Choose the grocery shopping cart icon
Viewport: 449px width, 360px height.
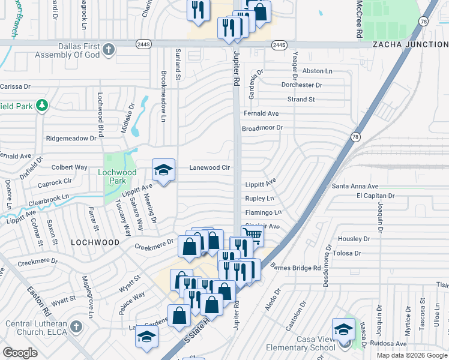[x=252, y=235]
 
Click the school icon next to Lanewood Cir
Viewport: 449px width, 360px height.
[x=163, y=170]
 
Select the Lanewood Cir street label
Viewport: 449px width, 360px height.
[x=210, y=168]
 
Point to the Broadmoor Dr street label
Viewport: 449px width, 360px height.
[x=262, y=128]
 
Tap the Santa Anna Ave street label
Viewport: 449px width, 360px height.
[x=355, y=187]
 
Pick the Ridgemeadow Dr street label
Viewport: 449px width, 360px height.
[x=71, y=138]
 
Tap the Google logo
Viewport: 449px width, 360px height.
[x=20, y=352]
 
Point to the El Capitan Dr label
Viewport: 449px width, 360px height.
[x=375, y=196]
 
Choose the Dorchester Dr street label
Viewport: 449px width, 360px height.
[x=302, y=85]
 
